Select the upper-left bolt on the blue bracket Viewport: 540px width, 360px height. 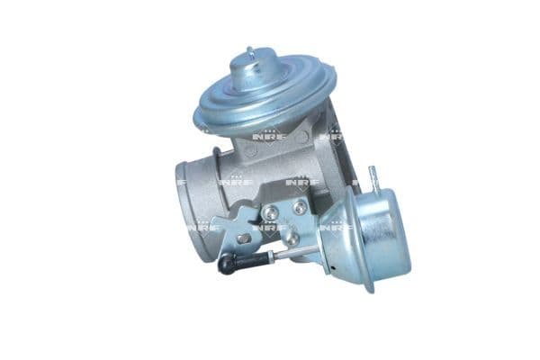coord(269,212)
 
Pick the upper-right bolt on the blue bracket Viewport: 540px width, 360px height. coord(299,207)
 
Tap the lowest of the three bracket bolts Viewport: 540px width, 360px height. coord(291,238)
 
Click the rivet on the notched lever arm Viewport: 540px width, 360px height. coord(244,237)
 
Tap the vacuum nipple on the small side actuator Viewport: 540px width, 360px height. coord(373,175)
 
